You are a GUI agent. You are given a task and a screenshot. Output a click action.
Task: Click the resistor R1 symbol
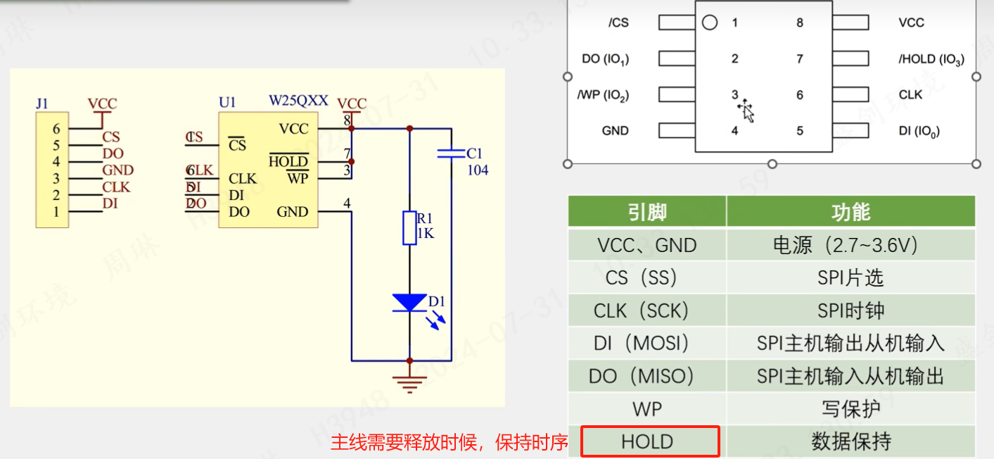click(409, 227)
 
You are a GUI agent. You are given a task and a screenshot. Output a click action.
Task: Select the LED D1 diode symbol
click(409, 302)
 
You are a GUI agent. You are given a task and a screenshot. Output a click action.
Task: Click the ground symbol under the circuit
click(409, 382)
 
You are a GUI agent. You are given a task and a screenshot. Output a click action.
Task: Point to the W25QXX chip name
click(298, 101)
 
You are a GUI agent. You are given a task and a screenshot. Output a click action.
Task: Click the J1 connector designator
click(42, 103)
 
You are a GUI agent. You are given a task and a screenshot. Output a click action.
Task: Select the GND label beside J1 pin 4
click(117, 170)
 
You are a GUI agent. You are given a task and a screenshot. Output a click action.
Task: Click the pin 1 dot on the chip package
click(710, 23)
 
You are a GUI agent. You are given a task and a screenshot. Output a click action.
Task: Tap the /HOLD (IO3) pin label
click(931, 59)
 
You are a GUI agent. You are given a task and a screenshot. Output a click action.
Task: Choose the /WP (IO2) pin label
click(603, 95)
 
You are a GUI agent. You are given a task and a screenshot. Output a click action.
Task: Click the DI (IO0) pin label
click(919, 131)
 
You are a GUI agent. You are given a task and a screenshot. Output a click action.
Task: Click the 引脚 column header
click(647, 211)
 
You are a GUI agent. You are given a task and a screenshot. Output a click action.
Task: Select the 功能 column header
click(850, 211)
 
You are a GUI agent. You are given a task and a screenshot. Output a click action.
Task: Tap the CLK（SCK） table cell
click(641, 310)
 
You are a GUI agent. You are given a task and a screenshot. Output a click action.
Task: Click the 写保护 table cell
click(850, 409)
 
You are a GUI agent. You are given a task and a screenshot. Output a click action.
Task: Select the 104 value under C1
click(478, 170)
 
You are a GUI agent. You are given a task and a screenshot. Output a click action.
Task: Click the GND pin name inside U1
click(292, 212)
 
